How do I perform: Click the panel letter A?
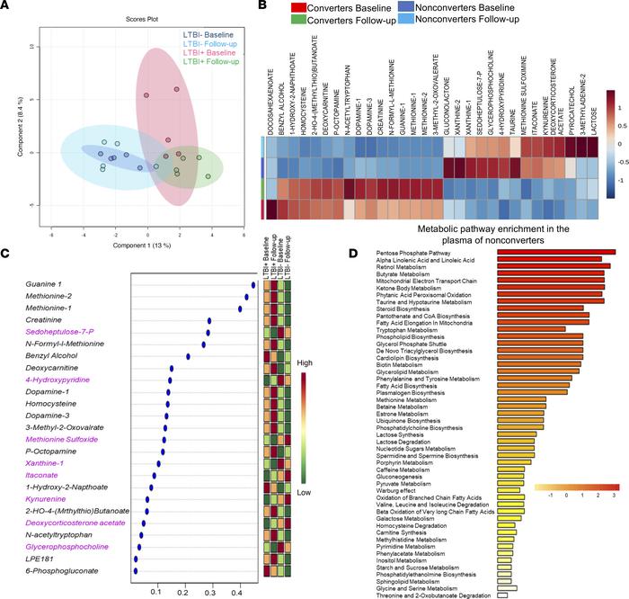pos(7,8)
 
